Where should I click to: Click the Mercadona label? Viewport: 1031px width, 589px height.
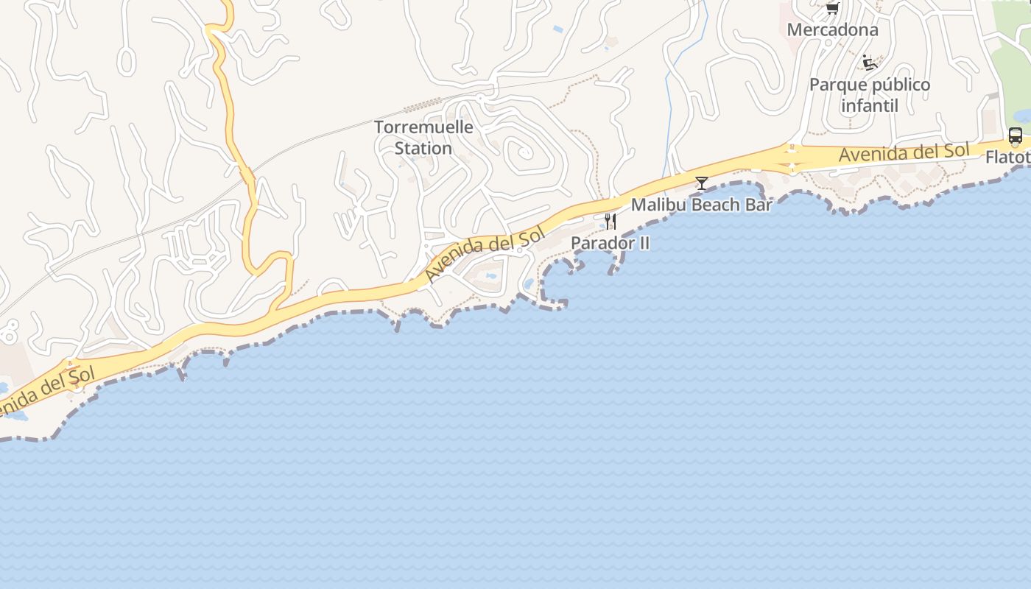(832, 30)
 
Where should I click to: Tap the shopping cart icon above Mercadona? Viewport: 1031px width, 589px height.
(832, 9)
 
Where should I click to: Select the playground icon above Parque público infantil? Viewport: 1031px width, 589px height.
(869, 63)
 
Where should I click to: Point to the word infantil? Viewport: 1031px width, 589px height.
(869, 106)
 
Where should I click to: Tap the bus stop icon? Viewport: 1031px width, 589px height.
(1015, 135)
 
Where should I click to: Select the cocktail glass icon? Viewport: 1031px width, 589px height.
(701, 183)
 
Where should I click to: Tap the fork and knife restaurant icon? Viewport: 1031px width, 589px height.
(610, 221)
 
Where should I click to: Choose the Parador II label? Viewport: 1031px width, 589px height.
(610, 243)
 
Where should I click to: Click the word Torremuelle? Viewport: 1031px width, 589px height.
(423, 127)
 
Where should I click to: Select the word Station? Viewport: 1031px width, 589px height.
(423, 148)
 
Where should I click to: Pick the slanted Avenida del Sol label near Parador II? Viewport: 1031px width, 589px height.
(484, 253)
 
